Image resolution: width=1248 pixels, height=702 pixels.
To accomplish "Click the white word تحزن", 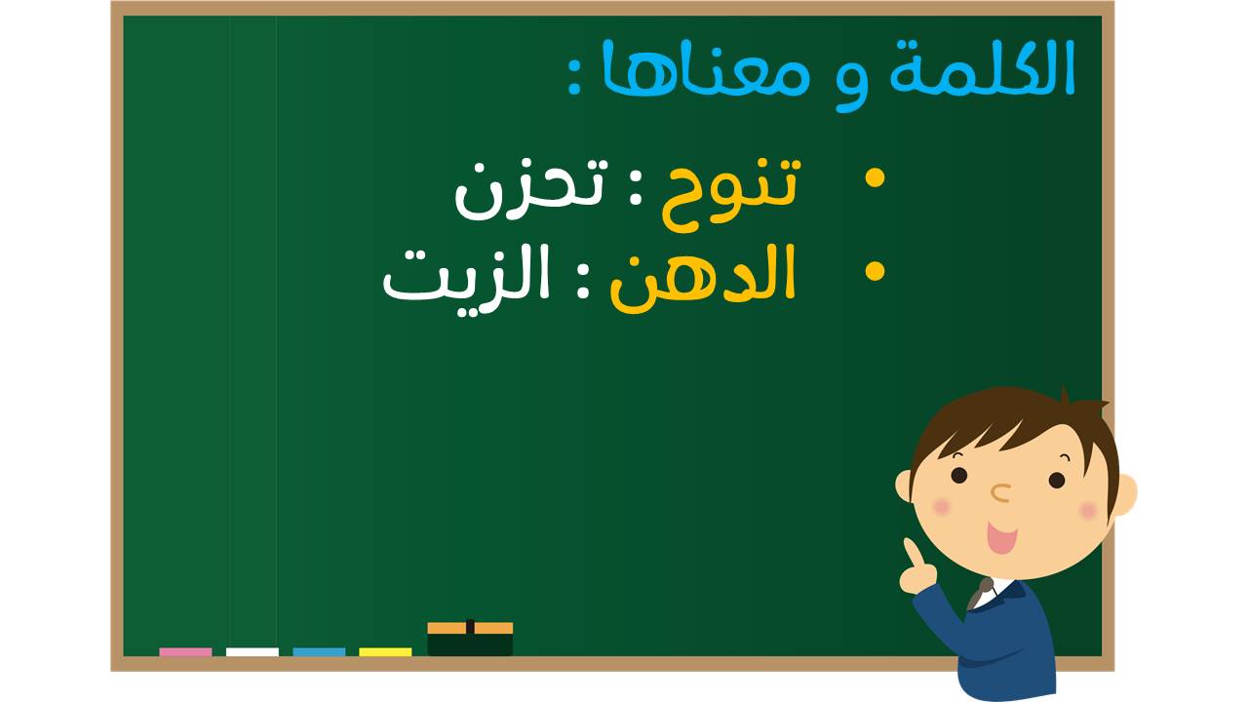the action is tap(531, 188).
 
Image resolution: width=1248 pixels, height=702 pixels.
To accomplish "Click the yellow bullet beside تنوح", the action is tap(875, 178).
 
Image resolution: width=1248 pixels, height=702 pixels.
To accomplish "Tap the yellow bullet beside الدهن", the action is tap(875, 271).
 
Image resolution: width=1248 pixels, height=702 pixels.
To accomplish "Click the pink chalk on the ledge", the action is tap(185, 652).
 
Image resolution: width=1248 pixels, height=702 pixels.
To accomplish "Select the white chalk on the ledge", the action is tap(253, 652).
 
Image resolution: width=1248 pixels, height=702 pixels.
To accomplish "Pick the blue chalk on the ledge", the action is tap(319, 652).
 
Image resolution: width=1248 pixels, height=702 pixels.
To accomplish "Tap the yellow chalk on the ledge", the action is tap(385, 652).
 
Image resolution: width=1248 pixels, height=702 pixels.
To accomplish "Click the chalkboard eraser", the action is tap(470, 639).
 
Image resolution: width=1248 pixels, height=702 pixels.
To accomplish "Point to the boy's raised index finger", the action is tap(912, 552).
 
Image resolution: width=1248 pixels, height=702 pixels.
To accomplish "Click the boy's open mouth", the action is tap(1002, 537).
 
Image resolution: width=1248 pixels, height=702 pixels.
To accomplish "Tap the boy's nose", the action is tap(1001, 493).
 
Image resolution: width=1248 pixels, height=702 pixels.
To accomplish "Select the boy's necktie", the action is tap(981, 594).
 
